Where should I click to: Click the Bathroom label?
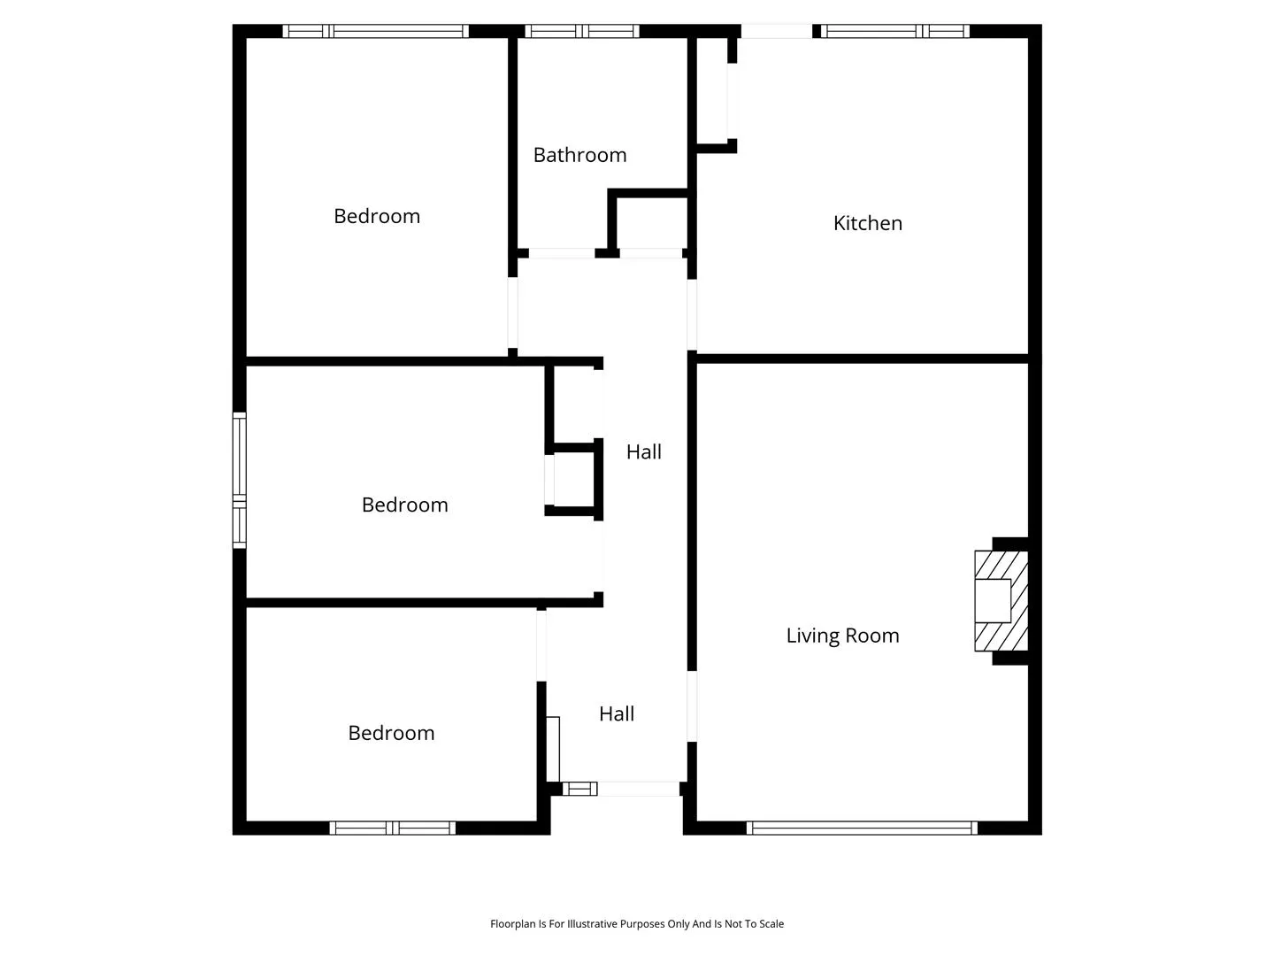[x=579, y=155]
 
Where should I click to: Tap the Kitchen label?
[x=867, y=223]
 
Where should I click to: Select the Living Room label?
[x=842, y=635]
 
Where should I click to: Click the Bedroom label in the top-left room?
[x=377, y=216]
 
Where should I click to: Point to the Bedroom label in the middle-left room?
[x=404, y=505]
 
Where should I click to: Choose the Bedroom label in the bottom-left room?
[x=391, y=733]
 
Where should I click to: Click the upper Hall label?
[x=644, y=451]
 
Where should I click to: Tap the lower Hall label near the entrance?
[x=617, y=713]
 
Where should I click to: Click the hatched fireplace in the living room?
[x=1002, y=601]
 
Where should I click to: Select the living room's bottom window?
[x=862, y=828]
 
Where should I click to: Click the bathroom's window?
[x=582, y=31]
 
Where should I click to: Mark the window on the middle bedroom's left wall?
[x=239, y=480]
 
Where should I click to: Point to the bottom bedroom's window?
[x=392, y=828]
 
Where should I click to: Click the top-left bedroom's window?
[x=375, y=31]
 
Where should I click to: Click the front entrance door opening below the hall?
[x=639, y=788]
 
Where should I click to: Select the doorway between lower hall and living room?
[x=692, y=705]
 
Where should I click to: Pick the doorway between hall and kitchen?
[x=692, y=314]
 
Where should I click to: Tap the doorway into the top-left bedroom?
[x=512, y=312]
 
